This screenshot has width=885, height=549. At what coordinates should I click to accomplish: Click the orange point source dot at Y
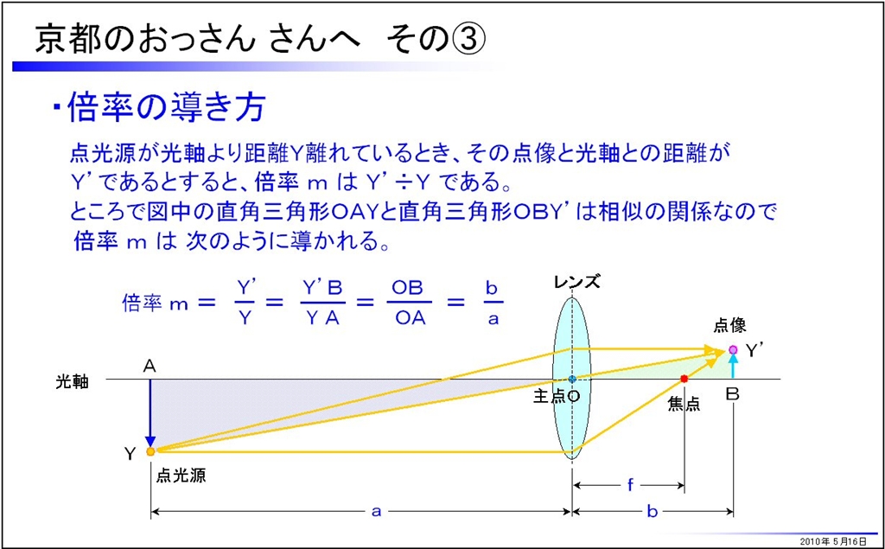click(150, 451)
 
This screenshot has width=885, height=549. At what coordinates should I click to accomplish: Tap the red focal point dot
click(684, 378)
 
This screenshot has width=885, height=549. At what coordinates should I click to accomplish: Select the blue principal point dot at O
click(572, 379)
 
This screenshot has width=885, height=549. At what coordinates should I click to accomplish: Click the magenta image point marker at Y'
click(733, 349)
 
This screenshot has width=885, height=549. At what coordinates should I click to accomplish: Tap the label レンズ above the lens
click(576, 281)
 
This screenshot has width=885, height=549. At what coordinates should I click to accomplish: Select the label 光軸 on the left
click(72, 382)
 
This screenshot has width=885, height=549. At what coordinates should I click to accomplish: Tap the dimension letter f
click(630, 485)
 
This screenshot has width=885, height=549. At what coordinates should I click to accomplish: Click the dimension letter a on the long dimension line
click(375, 512)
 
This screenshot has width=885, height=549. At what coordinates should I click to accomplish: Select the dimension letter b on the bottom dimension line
click(653, 511)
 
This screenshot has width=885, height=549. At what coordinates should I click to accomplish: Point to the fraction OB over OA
click(410, 303)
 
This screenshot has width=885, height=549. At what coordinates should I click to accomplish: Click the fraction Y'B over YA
click(322, 303)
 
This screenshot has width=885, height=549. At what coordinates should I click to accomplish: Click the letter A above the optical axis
click(150, 367)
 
